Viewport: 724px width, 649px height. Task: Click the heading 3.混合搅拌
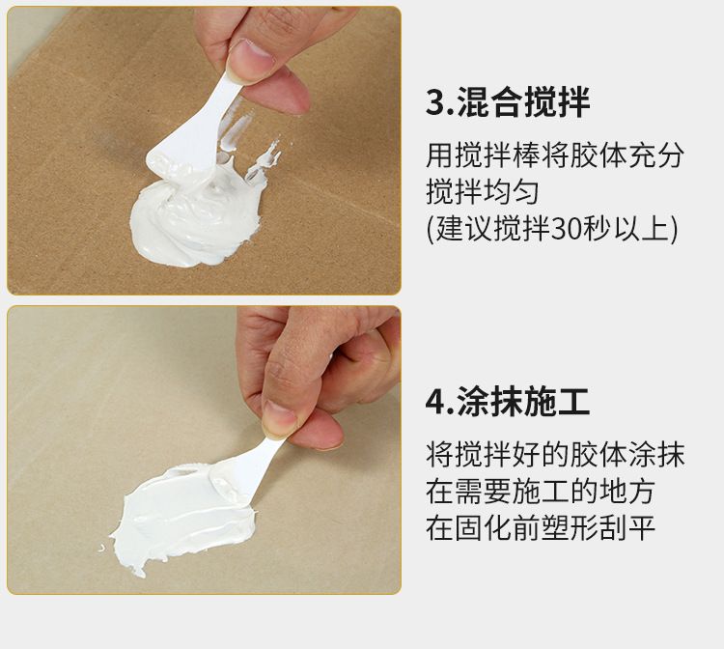click(508, 102)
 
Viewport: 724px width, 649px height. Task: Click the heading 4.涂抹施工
click(508, 403)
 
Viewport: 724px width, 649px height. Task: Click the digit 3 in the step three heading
click(435, 102)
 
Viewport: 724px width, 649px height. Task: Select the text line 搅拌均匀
click(482, 191)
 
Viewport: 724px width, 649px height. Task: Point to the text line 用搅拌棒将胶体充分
click(554, 155)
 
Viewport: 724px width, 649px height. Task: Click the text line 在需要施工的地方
click(541, 492)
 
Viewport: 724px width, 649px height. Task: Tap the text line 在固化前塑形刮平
click(541, 528)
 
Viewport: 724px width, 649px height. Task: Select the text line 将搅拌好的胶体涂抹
click(554, 455)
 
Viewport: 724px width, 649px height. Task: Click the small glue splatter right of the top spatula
click(265, 159)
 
